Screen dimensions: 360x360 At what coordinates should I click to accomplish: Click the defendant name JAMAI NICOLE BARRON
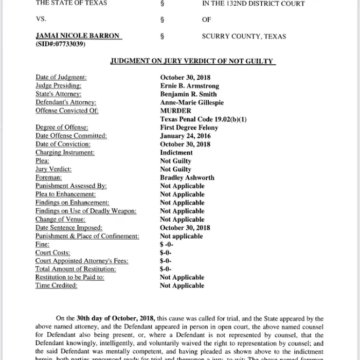pyautogui.click(x=78, y=36)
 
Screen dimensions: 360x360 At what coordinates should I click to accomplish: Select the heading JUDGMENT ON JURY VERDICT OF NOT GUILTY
pyautogui.click(x=193, y=62)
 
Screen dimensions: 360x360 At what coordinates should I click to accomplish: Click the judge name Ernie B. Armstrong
pyautogui.click(x=189, y=86)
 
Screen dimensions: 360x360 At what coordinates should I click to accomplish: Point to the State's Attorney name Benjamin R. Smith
pyautogui.click(x=188, y=94)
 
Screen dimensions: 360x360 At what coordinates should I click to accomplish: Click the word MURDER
pyautogui.click(x=175, y=111)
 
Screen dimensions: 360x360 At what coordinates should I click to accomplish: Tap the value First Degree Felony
pyautogui.click(x=189, y=128)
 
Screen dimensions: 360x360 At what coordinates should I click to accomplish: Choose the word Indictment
pyautogui.click(x=176, y=153)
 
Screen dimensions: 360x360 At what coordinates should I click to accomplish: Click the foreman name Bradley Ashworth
pyautogui.click(x=187, y=177)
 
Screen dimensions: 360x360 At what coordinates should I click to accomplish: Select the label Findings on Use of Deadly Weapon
pyautogui.click(x=86, y=211)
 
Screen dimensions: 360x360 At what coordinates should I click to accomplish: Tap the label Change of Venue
pyautogui.click(x=60, y=220)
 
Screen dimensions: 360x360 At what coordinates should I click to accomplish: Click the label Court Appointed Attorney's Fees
pyautogui.click(x=82, y=261)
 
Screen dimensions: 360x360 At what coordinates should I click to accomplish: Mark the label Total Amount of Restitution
pyautogui.click(x=76, y=269)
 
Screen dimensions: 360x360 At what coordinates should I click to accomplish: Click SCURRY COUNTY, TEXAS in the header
pyautogui.click(x=244, y=37)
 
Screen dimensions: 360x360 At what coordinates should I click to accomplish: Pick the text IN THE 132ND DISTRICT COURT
pyautogui.click(x=253, y=4)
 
